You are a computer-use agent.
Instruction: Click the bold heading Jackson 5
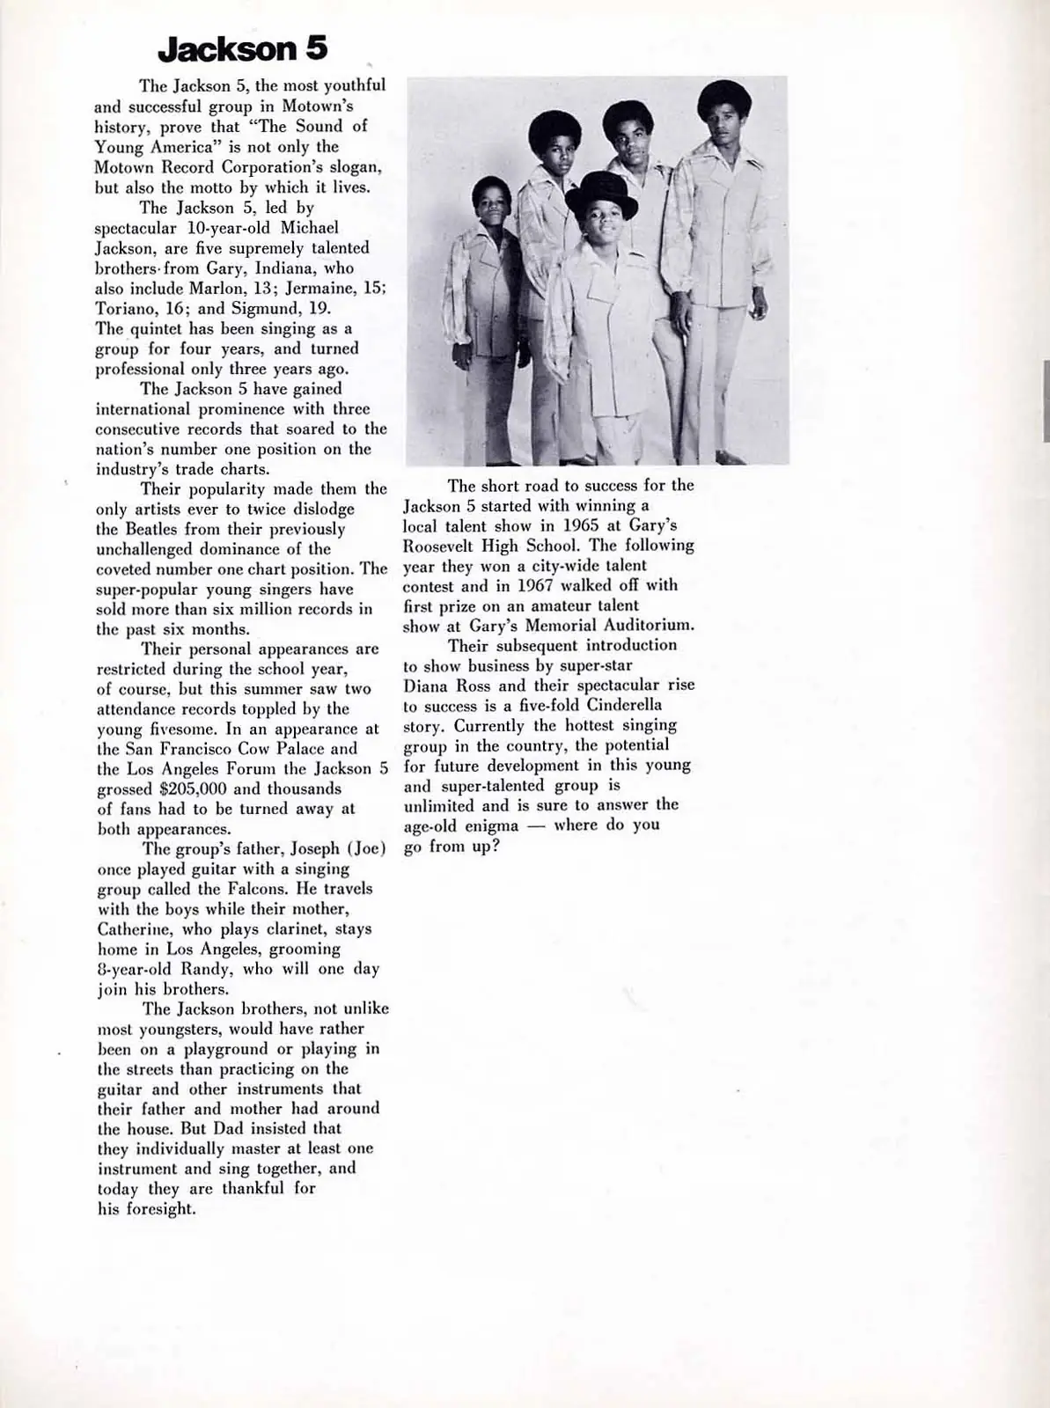pos(242,49)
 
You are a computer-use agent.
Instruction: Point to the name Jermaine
pos(318,289)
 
